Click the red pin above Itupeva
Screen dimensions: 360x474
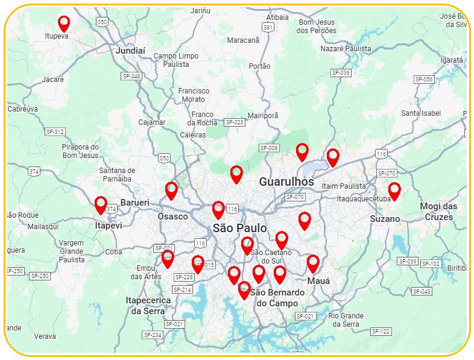click(64, 24)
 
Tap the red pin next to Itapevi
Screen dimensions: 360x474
click(101, 205)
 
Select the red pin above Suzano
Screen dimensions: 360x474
click(394, 191)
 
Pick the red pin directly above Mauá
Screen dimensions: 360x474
click(313, 264)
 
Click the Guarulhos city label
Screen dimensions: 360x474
click(286, 182)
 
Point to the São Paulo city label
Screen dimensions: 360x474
click(239, 228)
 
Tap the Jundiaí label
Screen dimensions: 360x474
click(130, 51)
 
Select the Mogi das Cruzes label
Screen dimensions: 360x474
click(438, 212)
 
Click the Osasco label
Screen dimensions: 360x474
click(172, 216)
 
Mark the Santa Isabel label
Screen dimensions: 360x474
click(421, 113)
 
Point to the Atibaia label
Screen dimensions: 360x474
click(277, 17)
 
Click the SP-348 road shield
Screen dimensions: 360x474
click(131, 76)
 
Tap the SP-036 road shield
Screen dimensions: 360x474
click(341, 72)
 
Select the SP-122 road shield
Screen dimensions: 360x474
click(381, 331)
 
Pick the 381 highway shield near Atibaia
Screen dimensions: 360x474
click(268, 28)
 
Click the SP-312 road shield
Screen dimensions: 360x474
click(55, 131)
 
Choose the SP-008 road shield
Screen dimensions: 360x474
click(269, 148)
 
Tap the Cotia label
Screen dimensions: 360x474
click(113, 252)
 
